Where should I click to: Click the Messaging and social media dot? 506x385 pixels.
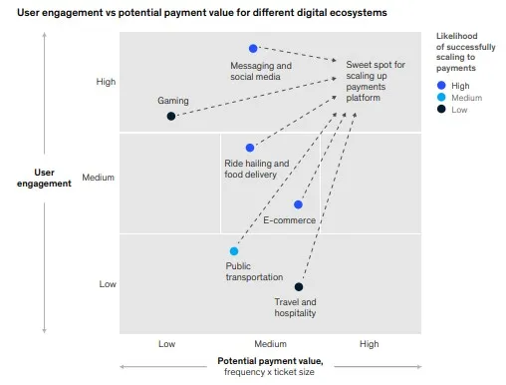(x=253, y=48)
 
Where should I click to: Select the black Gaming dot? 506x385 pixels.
(x=171, y=116)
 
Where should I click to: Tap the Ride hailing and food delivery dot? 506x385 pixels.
(x=250, y=148)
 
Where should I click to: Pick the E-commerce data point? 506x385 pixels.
(x=298, y=204)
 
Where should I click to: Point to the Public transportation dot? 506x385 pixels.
(x=234, y=251)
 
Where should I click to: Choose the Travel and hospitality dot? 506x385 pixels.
(x=299, y=287)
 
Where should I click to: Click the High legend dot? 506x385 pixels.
(x=441, y=86)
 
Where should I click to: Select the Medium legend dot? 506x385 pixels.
(x=441, y=99)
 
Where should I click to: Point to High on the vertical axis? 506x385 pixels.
(x=108, y=82)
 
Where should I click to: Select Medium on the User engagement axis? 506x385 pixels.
(x=99, y=179)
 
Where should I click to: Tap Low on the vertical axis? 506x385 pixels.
(x=108, y=283)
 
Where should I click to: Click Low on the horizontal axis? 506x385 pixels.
(x=167, y=344)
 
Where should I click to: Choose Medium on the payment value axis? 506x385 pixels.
(x=269, y=344)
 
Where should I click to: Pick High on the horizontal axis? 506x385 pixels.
(x=370, y=344)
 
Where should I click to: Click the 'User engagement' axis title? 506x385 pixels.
(x=45, y=178)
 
